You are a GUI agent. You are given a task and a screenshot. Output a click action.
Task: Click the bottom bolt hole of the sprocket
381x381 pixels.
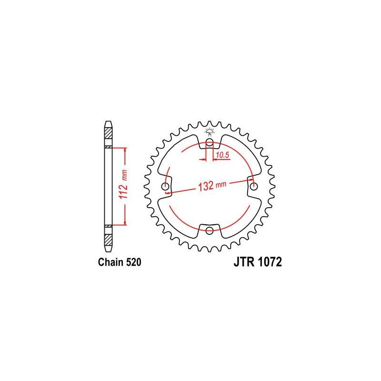(209, 231)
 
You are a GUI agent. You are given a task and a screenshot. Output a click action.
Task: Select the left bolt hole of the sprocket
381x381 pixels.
(165, 187)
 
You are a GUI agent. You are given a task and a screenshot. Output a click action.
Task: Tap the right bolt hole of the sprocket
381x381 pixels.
(254, 187)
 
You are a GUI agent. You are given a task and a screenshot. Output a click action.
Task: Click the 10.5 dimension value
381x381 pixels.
(222, 155)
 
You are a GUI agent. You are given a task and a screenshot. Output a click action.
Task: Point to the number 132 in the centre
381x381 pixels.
(206, 186)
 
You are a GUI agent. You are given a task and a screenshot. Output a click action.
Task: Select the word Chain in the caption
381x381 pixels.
(111, 262)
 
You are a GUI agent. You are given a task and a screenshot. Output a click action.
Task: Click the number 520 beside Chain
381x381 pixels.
(133, 262)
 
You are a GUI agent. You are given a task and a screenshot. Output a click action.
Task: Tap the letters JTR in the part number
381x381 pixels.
(244, 262)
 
